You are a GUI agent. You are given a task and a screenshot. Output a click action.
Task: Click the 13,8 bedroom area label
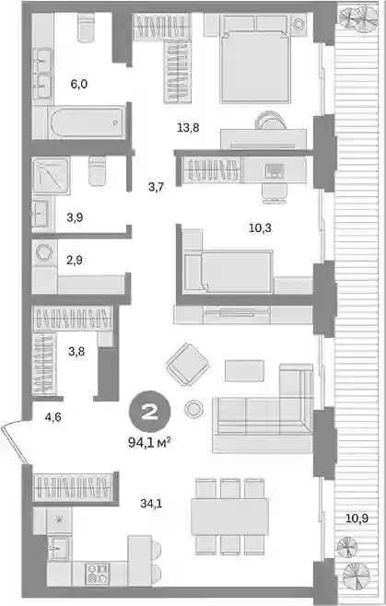click(x=188, y=127)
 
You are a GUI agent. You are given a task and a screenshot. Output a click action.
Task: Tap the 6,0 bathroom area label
click(x=79, y=84)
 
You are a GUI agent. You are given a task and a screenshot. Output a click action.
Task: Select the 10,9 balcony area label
click(x=357, y=519)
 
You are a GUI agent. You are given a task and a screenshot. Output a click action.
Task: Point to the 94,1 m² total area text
click(x=149, y=442)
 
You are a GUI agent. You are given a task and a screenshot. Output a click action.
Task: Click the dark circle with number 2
click(x=149, y=414)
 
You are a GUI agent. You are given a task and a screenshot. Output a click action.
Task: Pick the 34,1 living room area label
click(x=151, y=503)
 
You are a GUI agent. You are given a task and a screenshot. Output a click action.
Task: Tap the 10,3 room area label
click(x=260, y=228)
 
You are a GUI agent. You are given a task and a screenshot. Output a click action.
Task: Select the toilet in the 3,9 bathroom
click(x=97, y=171)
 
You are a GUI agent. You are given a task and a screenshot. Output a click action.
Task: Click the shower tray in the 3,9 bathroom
click(x=52, y=176)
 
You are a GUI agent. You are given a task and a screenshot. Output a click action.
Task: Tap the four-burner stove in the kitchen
click(x=97, y=574)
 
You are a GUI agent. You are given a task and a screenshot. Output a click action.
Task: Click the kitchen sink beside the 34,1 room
click(x=59, y=548)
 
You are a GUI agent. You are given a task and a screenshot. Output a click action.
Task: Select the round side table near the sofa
click(x=194, y=409)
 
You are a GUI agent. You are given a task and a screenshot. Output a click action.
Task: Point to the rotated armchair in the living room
click(x=188, y=365)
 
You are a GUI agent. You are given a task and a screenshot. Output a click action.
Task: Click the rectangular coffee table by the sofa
click(x=245, y=370)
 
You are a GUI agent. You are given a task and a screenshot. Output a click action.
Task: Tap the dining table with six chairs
click(x=229, y=517)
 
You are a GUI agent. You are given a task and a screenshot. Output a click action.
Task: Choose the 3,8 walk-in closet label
click(x=76, y=352)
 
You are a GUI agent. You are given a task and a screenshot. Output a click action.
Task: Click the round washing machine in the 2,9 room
click(x=44, y=252)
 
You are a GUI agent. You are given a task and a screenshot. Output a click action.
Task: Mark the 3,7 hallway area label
click(x=156, y=187)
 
